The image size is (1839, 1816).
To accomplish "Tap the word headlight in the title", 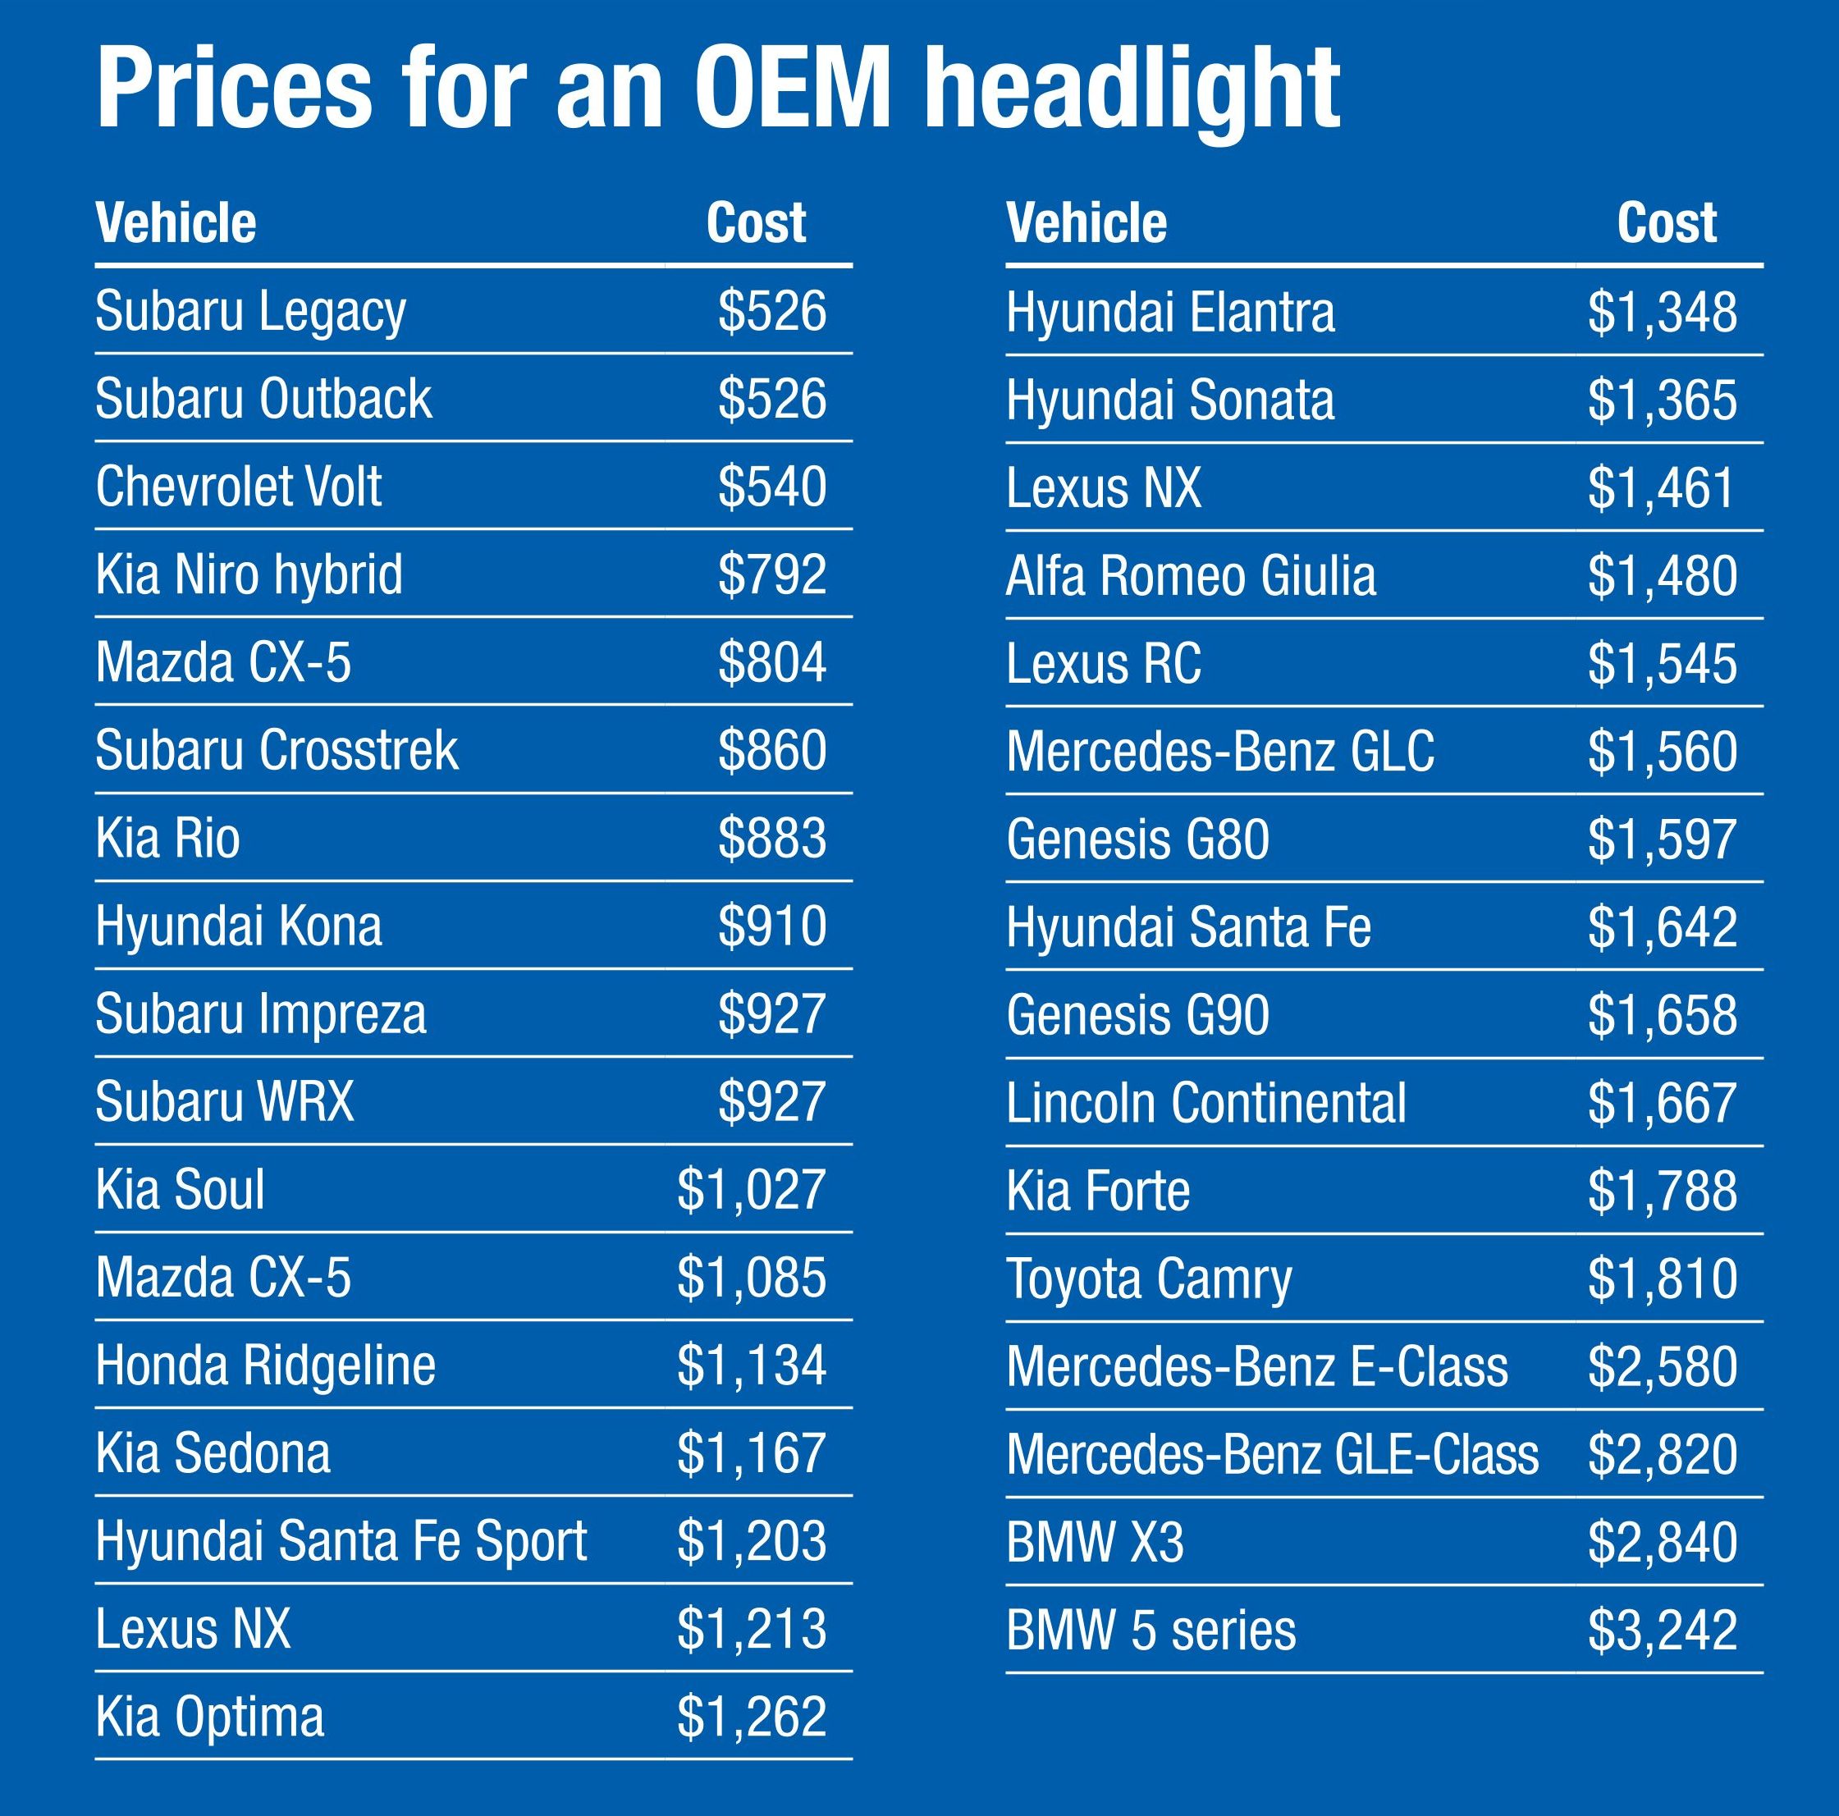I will click(1132, 90).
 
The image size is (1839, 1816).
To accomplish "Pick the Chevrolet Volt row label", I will click(238, 487).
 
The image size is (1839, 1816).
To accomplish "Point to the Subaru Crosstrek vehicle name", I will click(276, 751).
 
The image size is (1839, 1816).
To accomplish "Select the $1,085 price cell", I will click(751, 1278).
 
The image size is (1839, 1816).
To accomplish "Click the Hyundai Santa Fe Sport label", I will click(341, 1541).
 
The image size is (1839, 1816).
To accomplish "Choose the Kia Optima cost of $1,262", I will click(751, 1717).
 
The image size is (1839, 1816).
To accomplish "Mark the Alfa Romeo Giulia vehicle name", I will click(1191, 577).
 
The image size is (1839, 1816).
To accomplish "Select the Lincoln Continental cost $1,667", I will click(1661, 1103).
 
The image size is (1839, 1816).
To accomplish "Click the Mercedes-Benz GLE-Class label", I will click(1272, 1454).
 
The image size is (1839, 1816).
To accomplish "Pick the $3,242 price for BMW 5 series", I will click(1661, 1631).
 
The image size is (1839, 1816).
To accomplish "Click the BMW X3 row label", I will click(1095, 1543).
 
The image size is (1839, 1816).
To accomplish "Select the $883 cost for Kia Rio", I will click(771, 839).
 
